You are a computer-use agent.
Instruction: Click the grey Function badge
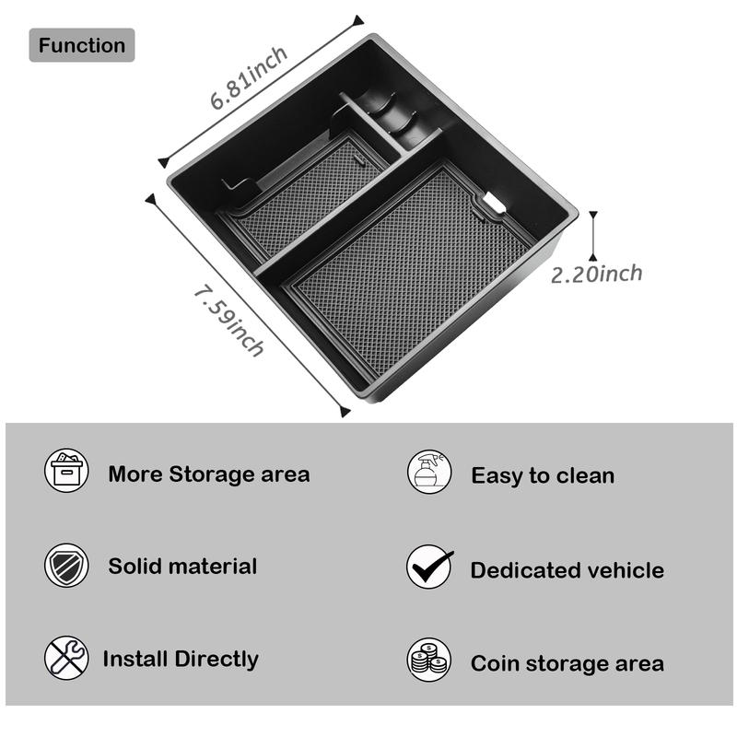pyautogui.click(x=82, y=45)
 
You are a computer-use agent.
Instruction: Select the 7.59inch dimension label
pyautogui.click(x=228, y=320)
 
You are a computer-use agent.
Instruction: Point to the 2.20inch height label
pyautogui.click(x=596, y=274)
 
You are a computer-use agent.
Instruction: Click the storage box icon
pyautogui.click(x=66, y=471)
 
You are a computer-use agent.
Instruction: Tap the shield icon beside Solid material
pyautogui.click(x=66, y=566)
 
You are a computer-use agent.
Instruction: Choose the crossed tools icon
pyautogui.click(x=66, y=659)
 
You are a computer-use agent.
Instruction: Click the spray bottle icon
pyautogui.click(x=429, y=472)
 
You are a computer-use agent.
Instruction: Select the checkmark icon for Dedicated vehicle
pyautogui.click(x=429, y=567)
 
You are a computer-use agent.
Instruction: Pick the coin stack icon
pyautogui.click(x=429, y=661)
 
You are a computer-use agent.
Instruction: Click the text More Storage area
pyautogui.click(x=209, y=474)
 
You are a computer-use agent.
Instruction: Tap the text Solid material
pyautogui.click(x=182, y=567)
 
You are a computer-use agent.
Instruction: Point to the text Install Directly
pyautogui.click(x=181, y=660)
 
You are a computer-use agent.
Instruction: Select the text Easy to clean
pyautogui.click(x=543, y=475)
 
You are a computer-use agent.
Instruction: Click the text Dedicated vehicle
pyautogui.click(x=567, y=570)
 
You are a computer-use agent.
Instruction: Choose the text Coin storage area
pyautogui.click(x=567, y=663)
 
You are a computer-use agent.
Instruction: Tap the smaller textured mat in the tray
pyautogui.click(x=309, y=193)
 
